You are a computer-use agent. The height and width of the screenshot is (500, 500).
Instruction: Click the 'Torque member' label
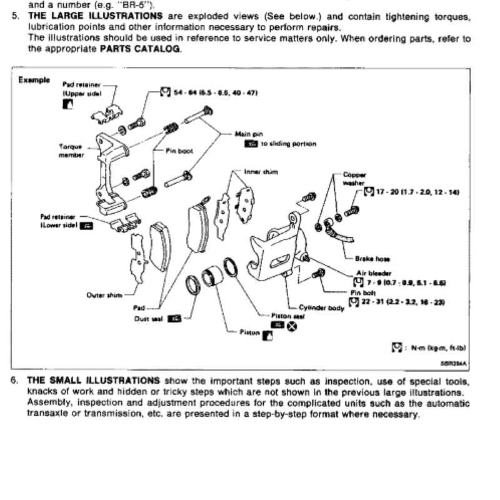tap(71, 151)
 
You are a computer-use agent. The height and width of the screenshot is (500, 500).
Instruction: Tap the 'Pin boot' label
tap(179, 151)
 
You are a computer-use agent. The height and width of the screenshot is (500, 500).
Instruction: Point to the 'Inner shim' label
tap(261, 171)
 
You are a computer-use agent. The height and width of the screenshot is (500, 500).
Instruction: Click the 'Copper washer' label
tap(354, 179)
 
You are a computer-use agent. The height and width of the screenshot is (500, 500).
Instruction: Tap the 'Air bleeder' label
tap(373, 273)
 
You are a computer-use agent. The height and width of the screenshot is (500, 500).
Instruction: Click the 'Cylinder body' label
tap(321, 307)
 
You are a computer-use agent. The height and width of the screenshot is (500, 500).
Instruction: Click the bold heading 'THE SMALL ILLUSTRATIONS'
tap(94, 380)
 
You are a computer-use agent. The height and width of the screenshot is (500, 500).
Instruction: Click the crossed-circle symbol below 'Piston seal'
tap(291, 325)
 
